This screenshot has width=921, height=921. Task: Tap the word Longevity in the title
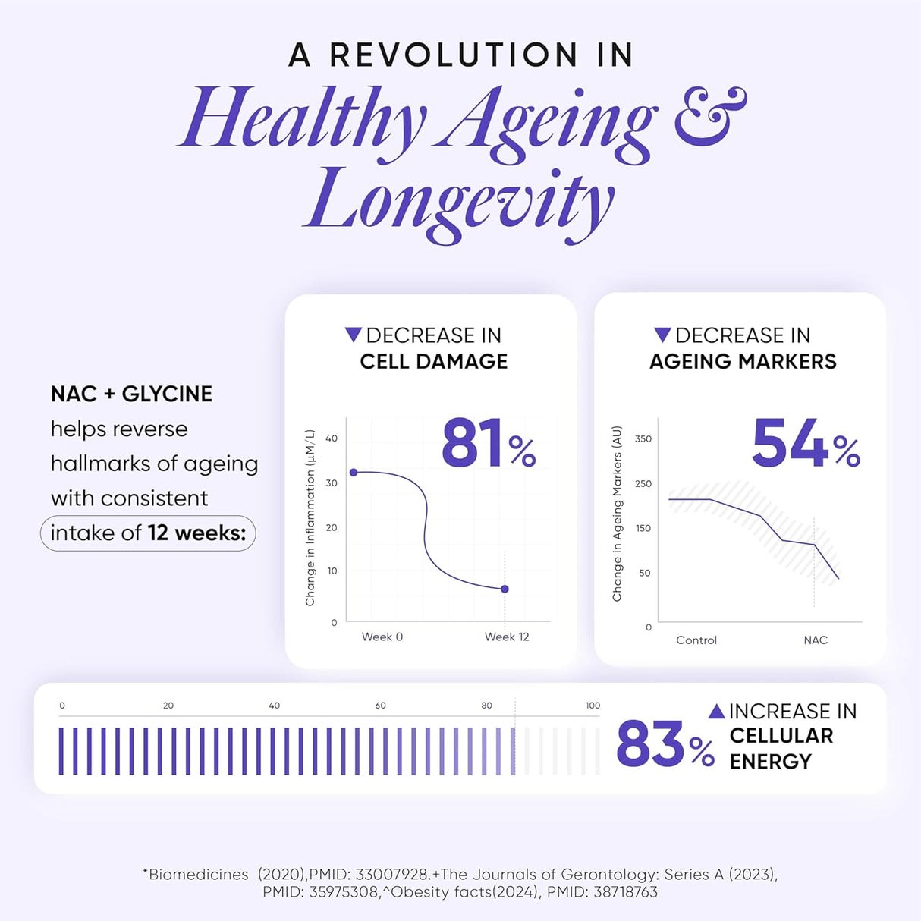pyautogui.click(x=460, y=202)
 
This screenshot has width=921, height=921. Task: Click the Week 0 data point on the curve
pyautogui.click(x=354, y=473)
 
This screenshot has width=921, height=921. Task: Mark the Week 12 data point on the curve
pyautogui.click(x=505, y=589)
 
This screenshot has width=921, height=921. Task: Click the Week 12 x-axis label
pyautogui.click(x=507, y=637)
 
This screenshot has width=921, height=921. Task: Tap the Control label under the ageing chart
pyautogui.click(x=696, y=640)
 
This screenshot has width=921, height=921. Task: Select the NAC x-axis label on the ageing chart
pyautogui.click(x=816, y=640)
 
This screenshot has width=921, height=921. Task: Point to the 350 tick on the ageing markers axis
pyautogui.click(x=643, y=438)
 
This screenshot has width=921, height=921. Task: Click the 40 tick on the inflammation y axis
pyautogui.click(x=332, y=438)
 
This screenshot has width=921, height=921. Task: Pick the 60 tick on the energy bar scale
pyautogui.click(x=380, y=706)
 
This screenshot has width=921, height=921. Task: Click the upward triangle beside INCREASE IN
pyautogui.click(x=716, y=711)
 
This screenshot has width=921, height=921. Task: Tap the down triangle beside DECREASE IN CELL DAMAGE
pyautogui.click(x=353, y=335)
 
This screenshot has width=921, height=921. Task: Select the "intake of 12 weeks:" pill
pyautogui.click(x=148, y=533)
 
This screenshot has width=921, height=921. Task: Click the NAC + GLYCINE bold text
pyautogui.click(x=131, y=394)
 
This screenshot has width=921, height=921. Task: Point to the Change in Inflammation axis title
pyautogui.click(x=310, y=518)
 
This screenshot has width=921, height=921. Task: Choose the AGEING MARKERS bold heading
pyautogui.click(x=743, y=361)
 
